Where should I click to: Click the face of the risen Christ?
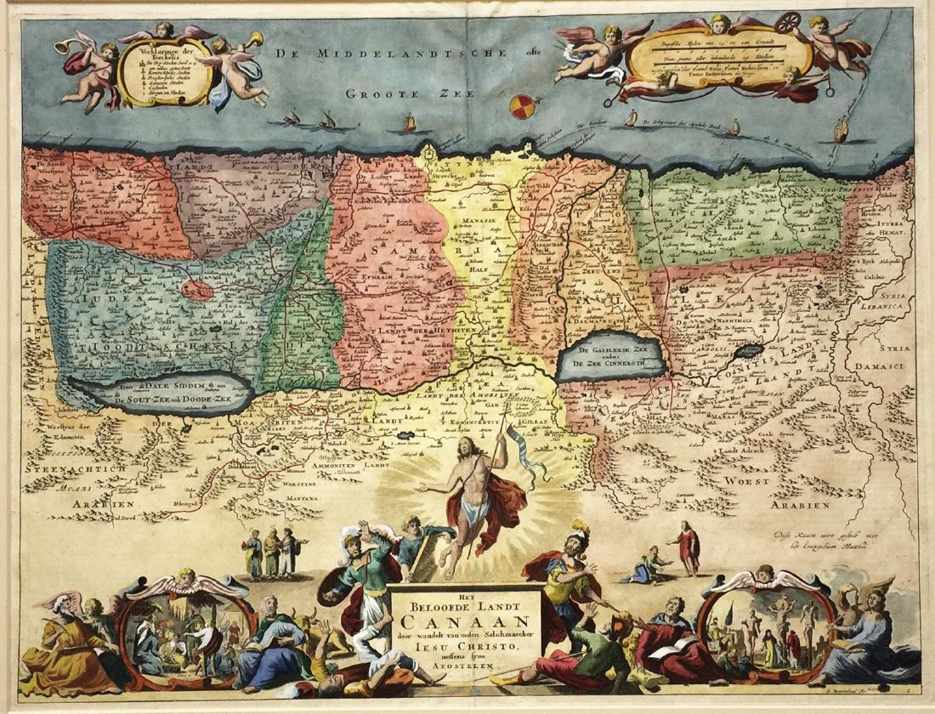[463, 446]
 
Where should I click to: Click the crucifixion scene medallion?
[768, 625]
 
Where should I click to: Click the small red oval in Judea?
[196, 291]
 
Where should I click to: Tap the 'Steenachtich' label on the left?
[76, 467]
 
